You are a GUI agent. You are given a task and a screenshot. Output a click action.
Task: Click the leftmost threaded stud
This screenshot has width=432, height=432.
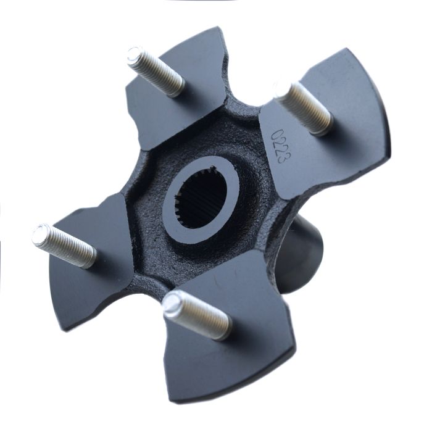(x=64, y=245)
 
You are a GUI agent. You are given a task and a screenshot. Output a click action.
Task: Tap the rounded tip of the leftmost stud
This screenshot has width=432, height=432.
(x=41, y=234)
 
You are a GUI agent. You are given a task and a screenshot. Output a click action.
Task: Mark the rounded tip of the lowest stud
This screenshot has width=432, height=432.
(x=172, y=304)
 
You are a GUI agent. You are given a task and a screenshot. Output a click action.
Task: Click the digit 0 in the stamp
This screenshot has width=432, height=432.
(x=272, y=133)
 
